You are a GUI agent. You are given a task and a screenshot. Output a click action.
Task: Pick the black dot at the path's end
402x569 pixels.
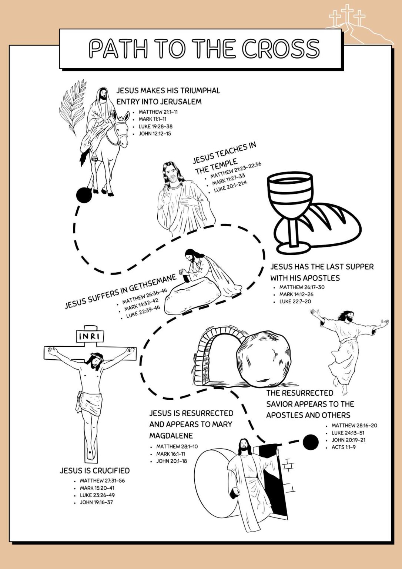pos(310,442)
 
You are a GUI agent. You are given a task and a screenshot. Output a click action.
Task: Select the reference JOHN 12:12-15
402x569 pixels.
pos(155,134)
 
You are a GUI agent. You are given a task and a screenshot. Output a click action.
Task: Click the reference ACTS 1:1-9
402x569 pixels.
pos(344,447)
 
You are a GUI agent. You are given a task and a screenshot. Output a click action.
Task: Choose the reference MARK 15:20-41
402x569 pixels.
pos(97,488)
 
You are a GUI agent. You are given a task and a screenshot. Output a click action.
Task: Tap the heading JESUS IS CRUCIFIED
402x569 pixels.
pos(95,470)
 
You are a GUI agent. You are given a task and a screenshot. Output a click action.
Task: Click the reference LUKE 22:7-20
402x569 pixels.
pos(295,302)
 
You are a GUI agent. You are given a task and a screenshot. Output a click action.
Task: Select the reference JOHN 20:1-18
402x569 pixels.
pos(171,461)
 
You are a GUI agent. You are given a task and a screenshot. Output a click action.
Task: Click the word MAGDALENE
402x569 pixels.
pos(171,435)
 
